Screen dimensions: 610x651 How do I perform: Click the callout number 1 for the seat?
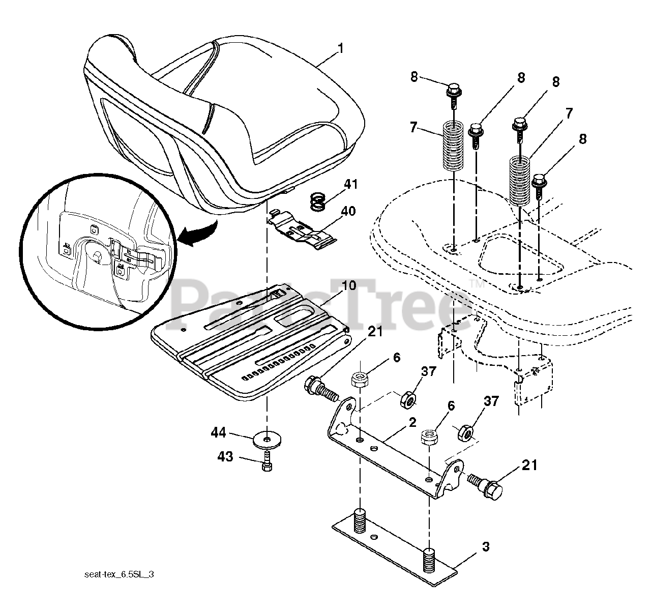(340, 49)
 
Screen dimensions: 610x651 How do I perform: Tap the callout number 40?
(349, 211)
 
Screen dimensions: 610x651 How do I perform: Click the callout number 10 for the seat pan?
(348, 285)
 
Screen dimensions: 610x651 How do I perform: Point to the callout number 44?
(219, 433)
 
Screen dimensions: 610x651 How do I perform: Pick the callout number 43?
(225, 457)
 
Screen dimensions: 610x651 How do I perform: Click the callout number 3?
(485, 547)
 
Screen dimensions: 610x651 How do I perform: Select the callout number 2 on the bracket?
(412, 422)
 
